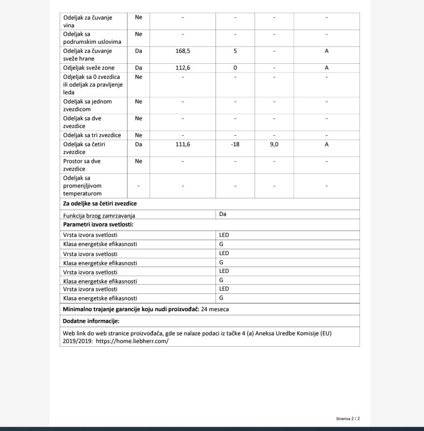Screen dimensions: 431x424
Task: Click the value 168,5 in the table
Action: point(183,51)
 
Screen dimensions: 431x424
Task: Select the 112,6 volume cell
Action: point(183,68)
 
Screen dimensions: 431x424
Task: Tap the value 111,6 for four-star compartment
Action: point(183,144)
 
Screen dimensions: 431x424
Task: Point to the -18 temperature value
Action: point(235,144)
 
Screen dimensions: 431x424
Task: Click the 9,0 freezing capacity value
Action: point(274,144)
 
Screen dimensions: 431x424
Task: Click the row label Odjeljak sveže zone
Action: point(89,68)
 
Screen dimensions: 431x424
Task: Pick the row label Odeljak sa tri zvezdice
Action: point(92,135)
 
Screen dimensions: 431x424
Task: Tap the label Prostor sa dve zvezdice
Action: point(82,165)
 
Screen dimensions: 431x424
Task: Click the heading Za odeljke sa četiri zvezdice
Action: point(100,203)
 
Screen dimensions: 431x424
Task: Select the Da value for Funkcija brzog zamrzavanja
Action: point(223,214)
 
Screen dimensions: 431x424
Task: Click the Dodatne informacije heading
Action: point(91,321)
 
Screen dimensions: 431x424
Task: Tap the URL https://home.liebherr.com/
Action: point(132,341)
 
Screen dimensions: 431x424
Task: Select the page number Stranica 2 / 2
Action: point(348,419)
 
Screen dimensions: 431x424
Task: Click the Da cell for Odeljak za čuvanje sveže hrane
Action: point(138,51)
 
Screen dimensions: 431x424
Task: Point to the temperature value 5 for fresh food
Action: point(235,51)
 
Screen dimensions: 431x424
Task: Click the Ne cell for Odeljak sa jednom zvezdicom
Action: point(138,102)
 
